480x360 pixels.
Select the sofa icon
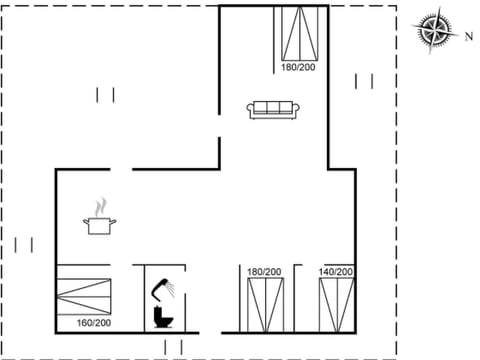272,109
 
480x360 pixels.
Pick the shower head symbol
163,289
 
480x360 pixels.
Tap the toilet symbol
162,316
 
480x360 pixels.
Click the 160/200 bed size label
93,324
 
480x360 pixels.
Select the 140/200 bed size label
336,272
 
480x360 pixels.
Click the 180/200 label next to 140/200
264,272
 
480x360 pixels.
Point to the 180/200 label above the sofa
297,67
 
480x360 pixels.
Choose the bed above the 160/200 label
88,296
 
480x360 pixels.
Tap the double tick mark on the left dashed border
25,244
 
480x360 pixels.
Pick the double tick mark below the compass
363,80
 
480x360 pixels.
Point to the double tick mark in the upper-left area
105,95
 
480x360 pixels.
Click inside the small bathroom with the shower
170,300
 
